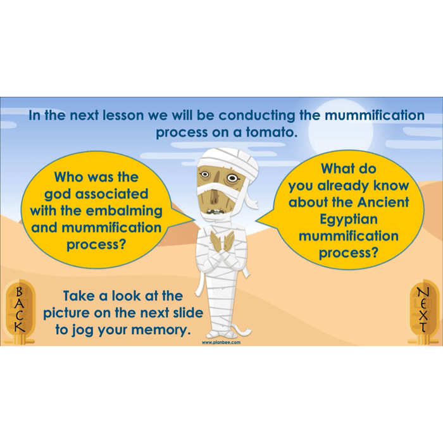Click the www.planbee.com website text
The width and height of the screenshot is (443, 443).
[221, 342]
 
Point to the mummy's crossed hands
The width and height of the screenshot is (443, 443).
[222, 240]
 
